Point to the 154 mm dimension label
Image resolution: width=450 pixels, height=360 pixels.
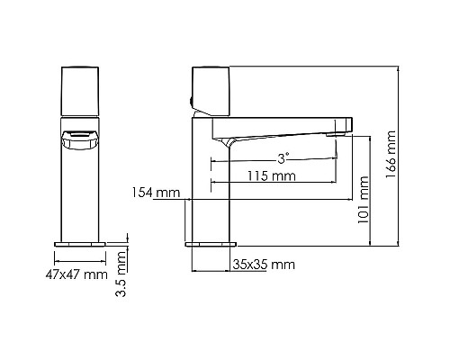(156, 193)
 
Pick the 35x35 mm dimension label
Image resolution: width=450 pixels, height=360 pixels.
(264, 265)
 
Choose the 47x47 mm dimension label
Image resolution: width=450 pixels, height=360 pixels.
(75, 274)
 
